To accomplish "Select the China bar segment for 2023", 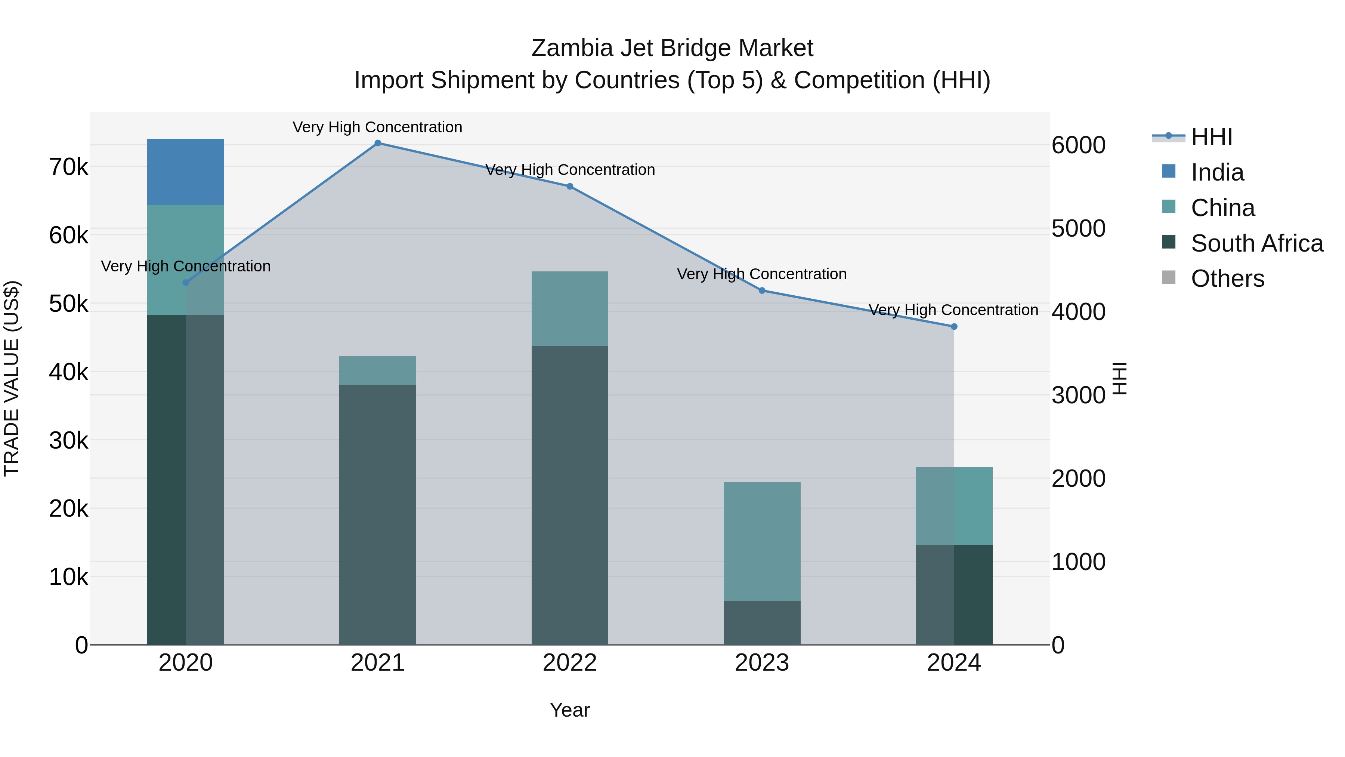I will click(762, 541).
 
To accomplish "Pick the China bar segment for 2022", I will click(570, 308).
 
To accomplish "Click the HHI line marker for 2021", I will click(377, 143).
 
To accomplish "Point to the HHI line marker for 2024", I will click(954, 326).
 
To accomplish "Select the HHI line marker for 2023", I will click(762, 290).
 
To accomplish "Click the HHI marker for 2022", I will click(570, 187).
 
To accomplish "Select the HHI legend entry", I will click(1211, 137).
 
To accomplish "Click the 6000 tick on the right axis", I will click(1078, 145).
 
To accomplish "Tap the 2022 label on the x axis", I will click(570, 663).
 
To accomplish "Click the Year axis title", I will click(570, 710).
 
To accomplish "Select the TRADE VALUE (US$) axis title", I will click(12, 378).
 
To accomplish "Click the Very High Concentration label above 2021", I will click(377, 127).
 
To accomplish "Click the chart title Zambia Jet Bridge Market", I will click(672, 48).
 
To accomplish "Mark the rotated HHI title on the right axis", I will click(1119, 378).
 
